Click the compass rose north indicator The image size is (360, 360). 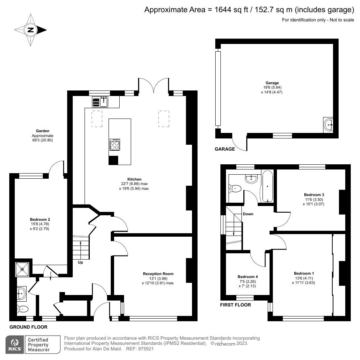click(31, 30)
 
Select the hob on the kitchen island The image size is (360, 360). click(114, 144)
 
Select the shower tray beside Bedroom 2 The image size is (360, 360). click(22, 268)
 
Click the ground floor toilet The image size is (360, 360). click(23, 308)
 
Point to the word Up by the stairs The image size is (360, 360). click(80, 263)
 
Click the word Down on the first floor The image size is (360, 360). click(248, 214)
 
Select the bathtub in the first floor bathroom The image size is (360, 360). click(267, 187)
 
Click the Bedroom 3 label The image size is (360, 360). click(314, 195)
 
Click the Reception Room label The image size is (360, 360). click(158, 274)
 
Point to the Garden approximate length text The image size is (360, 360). click(42, 140)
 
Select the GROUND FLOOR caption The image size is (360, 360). click(28, 327)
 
